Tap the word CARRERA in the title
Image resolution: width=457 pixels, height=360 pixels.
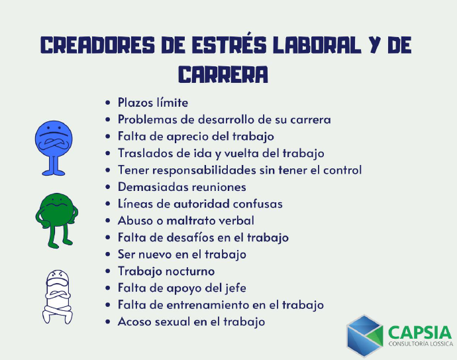click(223, 74)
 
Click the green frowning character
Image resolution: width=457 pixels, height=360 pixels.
click(56, 221)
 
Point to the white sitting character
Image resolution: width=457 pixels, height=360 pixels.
click(58, 297)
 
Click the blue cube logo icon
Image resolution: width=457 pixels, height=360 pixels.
click(365, 335)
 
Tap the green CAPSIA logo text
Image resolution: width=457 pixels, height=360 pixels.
click(420, 333)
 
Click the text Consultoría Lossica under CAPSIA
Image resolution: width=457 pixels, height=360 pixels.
click(421, 344)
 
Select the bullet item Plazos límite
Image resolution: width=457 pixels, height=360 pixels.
click(153, 103)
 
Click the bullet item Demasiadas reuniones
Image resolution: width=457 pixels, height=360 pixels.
click(182, 187)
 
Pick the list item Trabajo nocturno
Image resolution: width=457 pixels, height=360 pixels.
click(166, 271)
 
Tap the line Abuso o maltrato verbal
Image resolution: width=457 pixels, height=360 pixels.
click(186, 221)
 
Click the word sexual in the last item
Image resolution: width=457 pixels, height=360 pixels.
click(173, 322)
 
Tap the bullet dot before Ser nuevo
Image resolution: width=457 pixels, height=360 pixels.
click(108, 255)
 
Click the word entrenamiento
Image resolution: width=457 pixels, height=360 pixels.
click(207, 305)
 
